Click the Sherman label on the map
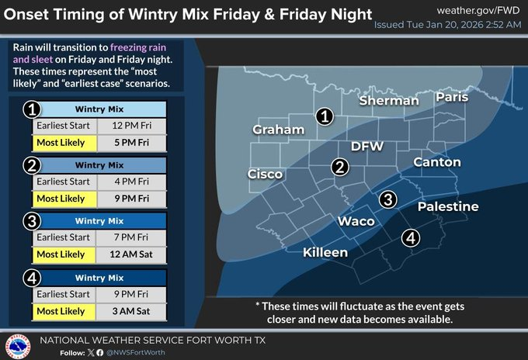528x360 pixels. (389, 100)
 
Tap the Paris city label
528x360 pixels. (453, 97)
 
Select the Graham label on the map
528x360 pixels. (278, 130)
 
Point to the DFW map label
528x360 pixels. (367, 146)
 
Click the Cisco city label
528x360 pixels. (265, 174)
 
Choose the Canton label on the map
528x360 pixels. (436, 162)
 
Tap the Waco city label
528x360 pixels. (356, 221)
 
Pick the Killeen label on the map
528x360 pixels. (325, 253)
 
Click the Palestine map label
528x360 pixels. (448, 206)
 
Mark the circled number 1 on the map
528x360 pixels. (325, 116)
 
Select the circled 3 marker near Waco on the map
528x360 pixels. (387, 200)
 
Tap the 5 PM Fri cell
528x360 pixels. (131, 143)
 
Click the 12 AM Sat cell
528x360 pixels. (131, 254)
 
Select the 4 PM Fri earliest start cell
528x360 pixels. (131, 182)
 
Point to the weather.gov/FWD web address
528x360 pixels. (478, 10)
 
